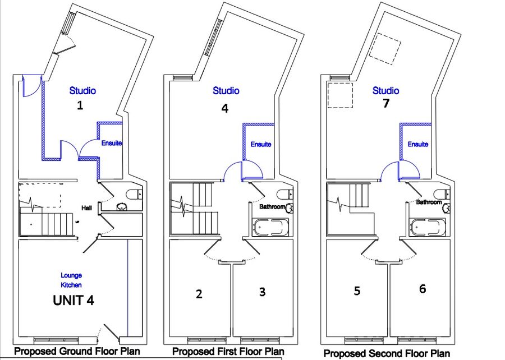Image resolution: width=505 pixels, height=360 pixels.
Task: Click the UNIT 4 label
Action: tap(74, 300)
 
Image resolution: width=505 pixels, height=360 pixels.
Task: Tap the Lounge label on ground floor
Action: tap(71, 276)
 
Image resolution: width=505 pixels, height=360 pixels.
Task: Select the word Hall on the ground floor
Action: tap(86, 208)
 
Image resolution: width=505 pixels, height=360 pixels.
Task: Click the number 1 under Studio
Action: tap(80, 105)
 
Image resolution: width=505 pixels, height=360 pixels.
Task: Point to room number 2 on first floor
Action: tap(199, 294)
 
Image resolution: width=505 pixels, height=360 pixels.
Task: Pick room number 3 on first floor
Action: tap(262, 292)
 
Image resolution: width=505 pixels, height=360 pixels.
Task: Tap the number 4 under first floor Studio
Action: tap(225, 108)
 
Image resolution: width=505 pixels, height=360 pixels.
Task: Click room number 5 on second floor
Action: tap(357, 291)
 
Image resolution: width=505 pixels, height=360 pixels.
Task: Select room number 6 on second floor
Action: tap(423, 289)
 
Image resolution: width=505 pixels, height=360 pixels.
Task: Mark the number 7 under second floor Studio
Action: tap(386, 103)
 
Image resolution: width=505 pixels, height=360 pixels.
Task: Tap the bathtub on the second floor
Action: tap(428, 227)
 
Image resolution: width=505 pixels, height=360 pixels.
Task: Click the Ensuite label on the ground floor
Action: tap(112, 143)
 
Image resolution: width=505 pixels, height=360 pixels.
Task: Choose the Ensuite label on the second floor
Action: tap(417, 144)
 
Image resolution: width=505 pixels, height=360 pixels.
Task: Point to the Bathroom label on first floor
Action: tap(272, 206)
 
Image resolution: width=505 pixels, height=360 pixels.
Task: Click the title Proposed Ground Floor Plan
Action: tap(77, 351)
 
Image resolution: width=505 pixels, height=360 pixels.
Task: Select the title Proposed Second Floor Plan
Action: tap(387, 354)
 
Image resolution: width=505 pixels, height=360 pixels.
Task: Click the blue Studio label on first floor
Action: tap(226, 91)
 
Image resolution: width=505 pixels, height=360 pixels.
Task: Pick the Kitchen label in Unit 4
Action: tap(71, 285)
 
